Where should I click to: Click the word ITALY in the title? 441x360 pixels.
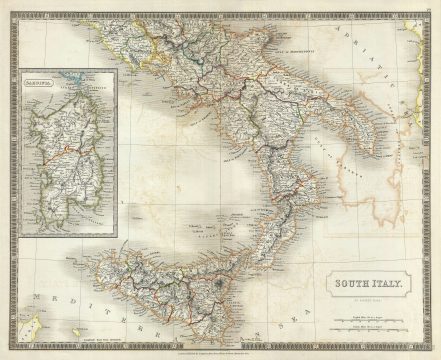391,284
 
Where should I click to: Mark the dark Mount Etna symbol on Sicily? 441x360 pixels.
221,285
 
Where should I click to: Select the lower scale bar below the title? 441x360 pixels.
372,327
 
